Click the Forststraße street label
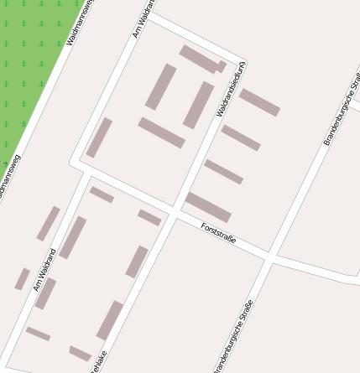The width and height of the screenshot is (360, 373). click(x=218, y=234)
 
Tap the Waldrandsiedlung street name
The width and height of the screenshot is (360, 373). click(x=231, y=89)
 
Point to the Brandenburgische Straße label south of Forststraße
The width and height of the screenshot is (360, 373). click(x=232, y=335)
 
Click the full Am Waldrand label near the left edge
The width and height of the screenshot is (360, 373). click(x=44, y=269)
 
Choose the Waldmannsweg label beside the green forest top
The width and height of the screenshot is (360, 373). click(x=80, y=21)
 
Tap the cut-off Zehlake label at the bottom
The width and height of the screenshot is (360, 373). click(x=99, y=362)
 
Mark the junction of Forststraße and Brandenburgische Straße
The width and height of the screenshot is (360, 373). click(x=270, y=254)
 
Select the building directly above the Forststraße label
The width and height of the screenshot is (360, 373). click(x=207, y=206)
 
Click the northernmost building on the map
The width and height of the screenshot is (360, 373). click(x=201, y=59)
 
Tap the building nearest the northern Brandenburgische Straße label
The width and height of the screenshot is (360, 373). click(x=259, y=102)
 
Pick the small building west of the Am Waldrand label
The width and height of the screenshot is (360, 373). click(x=22, y=279)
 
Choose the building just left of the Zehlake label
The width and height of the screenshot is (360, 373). click(x=81, y=353)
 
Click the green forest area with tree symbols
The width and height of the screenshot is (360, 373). click(x=29, y=59)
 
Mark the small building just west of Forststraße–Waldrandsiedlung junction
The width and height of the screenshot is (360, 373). click(x=149, y=218)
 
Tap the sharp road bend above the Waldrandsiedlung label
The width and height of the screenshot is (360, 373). click(x=243, y=61)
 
